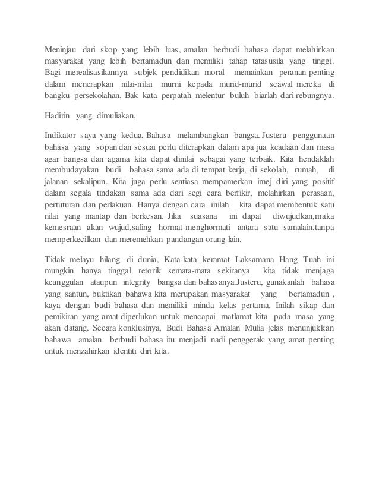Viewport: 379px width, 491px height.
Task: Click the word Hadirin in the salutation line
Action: pyautogui.click(x=59, y=114)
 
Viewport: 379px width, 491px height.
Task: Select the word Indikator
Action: pyautogui.click(x=62, y=133)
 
